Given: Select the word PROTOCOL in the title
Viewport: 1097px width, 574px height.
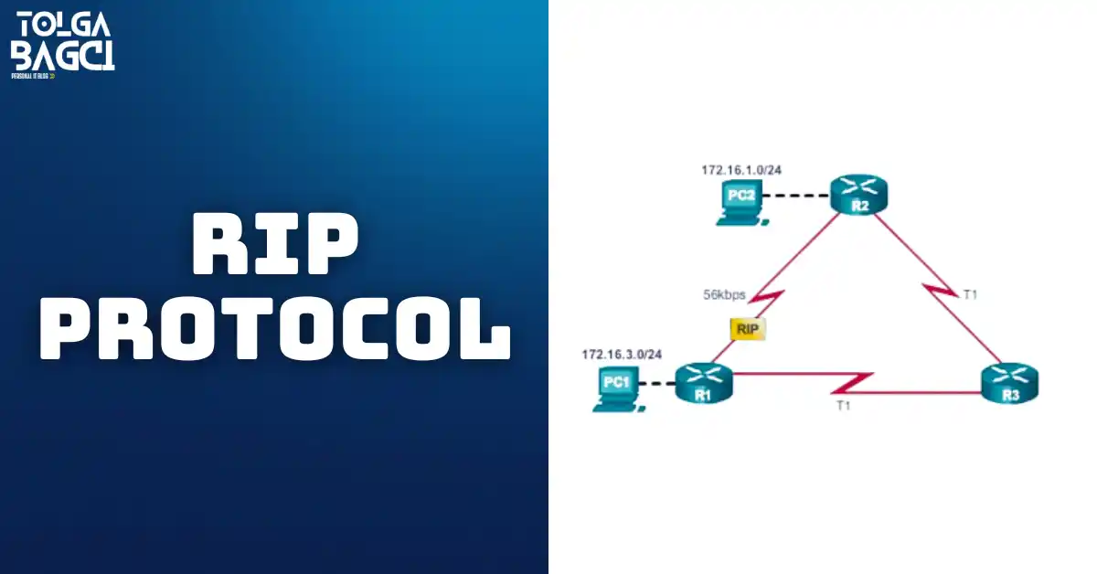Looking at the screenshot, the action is [275, 327].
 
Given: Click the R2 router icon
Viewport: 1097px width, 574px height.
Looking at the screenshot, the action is [859, 195].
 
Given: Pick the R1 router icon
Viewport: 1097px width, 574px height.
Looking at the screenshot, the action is [702, 384].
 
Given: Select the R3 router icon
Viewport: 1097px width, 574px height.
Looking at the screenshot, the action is [1010, 384].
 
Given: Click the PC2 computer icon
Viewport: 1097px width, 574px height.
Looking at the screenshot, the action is [740, 201].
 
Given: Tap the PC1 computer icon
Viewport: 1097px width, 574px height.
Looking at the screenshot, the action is [615, 388].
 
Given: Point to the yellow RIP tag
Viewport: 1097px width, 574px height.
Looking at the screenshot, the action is [746, 328].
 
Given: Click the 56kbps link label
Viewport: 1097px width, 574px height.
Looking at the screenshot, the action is [723, 295].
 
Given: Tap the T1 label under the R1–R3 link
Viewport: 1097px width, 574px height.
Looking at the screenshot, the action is [843, 405].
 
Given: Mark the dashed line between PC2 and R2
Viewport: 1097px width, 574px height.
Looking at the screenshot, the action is [795, 196].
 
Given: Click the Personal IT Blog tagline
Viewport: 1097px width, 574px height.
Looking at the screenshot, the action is [32, 76].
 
